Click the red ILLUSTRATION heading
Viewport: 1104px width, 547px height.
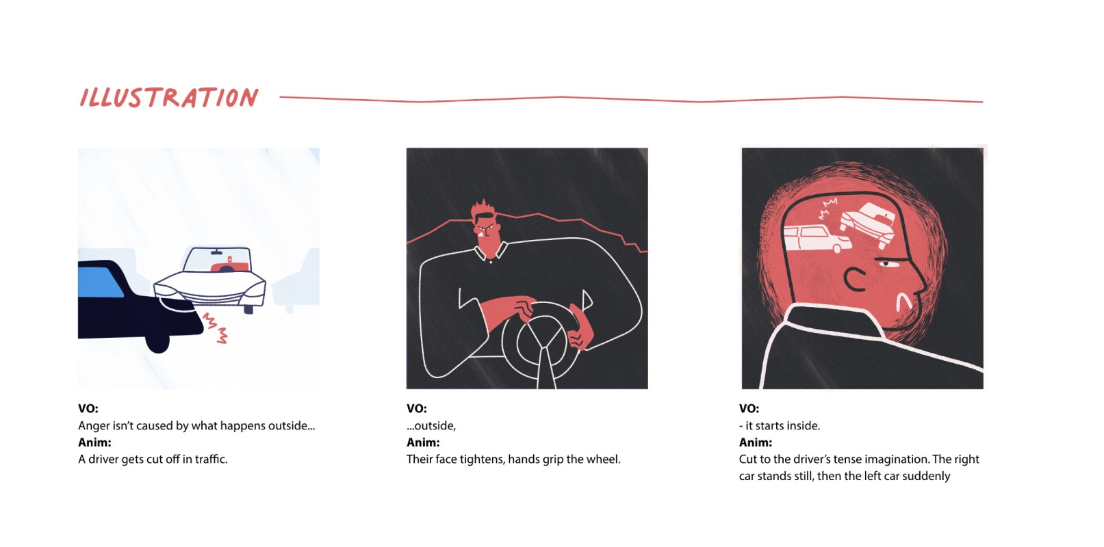(x=169, y=98)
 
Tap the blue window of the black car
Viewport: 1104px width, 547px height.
(x=100, y=282)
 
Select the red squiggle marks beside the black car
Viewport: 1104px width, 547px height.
(x=216, y=328)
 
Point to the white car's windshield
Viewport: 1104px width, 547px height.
(x=217, y=259)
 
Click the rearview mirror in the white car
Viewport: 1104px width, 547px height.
(x=216, y=252)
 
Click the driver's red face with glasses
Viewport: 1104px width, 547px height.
(x=488, y=234)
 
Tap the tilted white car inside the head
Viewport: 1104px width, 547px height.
(x=867, y=224)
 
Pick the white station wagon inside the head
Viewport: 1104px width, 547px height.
(x=817, y=239)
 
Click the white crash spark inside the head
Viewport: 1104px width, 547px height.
(x=827, y=208)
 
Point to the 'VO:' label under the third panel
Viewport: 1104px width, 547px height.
(x=749, y=409)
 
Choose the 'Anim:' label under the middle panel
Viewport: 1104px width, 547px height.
(x=423, y=442)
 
